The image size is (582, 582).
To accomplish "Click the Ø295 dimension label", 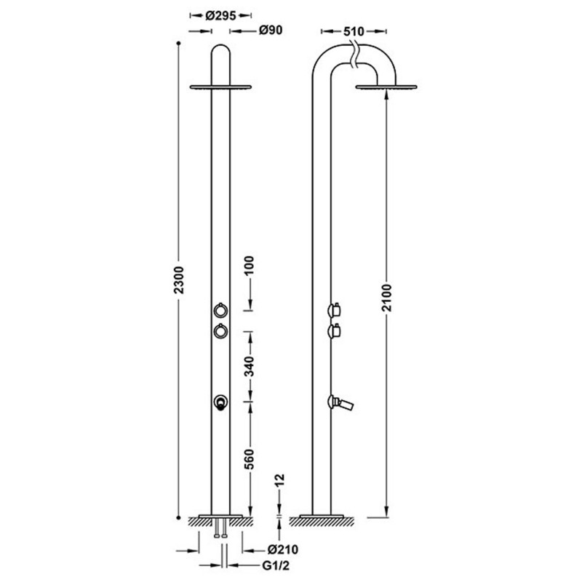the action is click(220, 15).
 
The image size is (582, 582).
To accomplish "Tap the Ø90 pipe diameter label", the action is click(271, 30).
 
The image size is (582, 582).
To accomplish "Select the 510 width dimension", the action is click(354, 31).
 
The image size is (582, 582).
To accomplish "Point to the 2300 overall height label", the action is click(179, 280).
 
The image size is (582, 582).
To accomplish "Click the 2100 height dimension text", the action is click(388, 298).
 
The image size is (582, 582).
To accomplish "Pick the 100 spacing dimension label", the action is click(250, 265).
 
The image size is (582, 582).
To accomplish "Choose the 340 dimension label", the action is click(250, 366).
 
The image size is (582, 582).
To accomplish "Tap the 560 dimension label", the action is click(250, 459).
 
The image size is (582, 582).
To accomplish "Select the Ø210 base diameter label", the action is click(282, 549).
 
